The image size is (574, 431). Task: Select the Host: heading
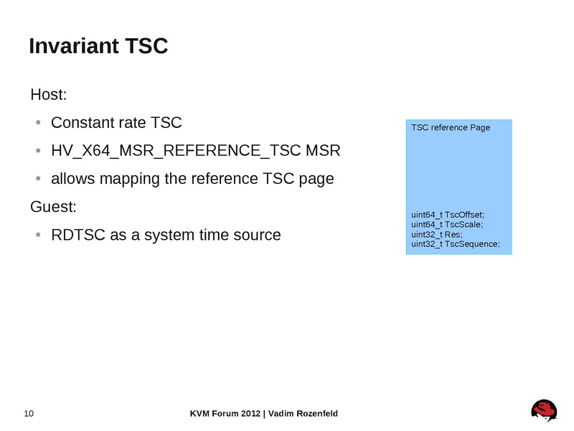(49, 95)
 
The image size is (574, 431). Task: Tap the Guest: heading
(53, 207)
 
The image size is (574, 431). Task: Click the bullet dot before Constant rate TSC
(38, 123)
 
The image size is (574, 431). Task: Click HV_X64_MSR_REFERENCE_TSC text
(176, 151)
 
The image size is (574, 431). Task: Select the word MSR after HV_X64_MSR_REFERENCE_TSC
(323, 151)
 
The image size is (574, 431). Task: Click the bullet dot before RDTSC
(38, 235)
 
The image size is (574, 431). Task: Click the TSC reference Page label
(451, 128)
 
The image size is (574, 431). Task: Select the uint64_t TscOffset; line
(448, 215)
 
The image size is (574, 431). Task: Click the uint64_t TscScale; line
(447, 225)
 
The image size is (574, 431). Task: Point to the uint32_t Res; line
(437, 235)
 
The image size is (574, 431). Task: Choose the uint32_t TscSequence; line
(455, 245)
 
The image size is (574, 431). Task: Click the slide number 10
(29, 413)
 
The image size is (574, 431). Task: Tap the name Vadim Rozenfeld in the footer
(303, 413)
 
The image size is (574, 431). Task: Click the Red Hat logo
(544, 411)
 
